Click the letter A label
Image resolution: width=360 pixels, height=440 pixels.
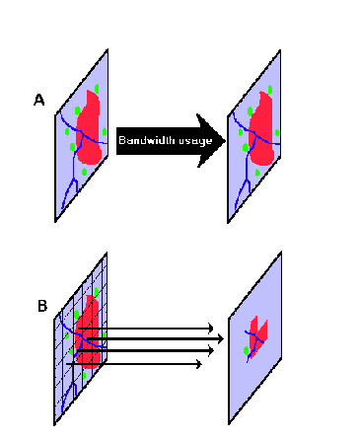[39, 100]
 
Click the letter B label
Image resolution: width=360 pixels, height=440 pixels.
[42, 306]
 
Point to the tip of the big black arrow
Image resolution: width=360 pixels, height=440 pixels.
[225, 140]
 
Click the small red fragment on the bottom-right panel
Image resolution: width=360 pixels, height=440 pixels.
[258, 333]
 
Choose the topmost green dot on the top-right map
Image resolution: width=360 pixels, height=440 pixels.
[268, 90]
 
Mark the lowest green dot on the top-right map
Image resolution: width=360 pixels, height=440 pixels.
[258, 173]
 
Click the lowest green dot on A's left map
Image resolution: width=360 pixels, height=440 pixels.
[84, 174]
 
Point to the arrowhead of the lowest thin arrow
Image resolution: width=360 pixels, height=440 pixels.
[200, 364]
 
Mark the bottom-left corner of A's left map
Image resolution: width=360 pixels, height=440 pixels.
[55, 222]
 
